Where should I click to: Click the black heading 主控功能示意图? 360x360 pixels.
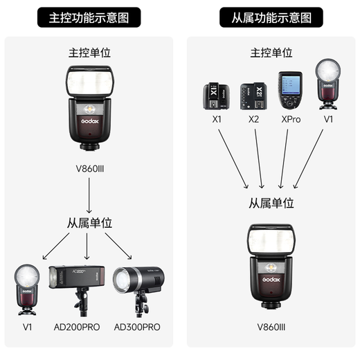[x=89, y=17]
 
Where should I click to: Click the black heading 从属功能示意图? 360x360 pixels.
[x=271, y=17]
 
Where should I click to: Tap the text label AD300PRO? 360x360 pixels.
[x=137, y=327]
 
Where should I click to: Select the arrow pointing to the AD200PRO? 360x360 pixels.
[x=87, y=245]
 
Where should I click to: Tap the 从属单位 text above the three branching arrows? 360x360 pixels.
[x=89, y=223]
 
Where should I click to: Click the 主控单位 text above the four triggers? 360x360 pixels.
[x=271, y=53]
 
